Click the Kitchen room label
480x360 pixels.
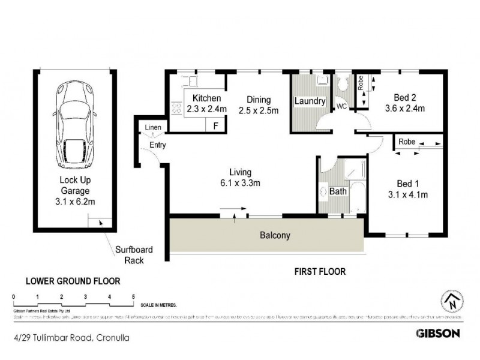(206, 99)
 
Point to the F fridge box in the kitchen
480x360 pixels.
(215, 125)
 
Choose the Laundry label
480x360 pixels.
(310, 102)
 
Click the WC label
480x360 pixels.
(341, 107)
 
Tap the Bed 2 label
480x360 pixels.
(404, 103)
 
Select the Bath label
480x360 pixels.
(338, 192)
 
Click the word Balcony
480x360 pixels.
(274, 235)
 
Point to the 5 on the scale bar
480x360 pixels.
(133, 297)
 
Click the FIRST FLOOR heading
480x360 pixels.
(319, 271)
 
